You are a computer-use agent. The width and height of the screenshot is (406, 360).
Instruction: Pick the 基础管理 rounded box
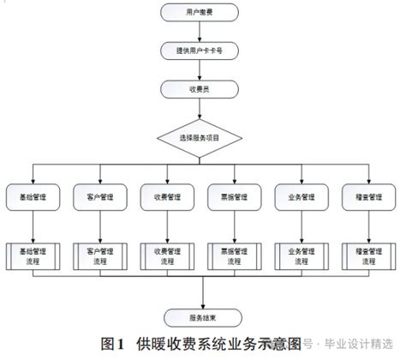click(33, 196)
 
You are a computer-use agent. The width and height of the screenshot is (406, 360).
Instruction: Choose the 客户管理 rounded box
click(99, 196)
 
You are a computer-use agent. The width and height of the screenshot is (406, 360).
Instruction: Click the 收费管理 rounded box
click(168, 196)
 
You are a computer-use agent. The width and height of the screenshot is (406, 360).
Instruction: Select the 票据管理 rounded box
click(236, 196)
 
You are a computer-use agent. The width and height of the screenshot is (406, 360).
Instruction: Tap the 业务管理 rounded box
click(303, 196)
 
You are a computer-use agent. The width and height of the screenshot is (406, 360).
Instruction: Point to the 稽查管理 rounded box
click(370, 196)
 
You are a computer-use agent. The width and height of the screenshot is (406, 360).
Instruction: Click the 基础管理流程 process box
click(33, 255)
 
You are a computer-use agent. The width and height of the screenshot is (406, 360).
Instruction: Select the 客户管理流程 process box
click(99, 255)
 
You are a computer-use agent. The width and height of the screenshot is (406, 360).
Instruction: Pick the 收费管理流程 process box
click(168, 255)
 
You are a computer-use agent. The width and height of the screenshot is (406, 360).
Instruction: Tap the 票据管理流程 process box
click(236, 255)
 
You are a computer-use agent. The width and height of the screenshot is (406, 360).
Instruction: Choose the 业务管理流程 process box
click(303, 255)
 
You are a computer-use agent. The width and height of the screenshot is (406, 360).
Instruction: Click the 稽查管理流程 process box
click(370, 255)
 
